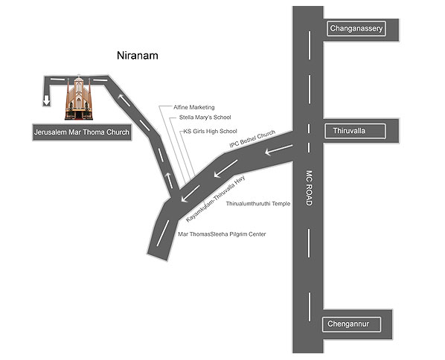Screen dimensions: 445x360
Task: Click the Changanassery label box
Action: pyautogui.click(x=356, y=28)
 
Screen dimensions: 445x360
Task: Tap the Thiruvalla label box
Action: pyautogui.click(x=355, y=131)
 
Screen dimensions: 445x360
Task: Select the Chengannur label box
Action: pyautogui.click(x=351, y=324)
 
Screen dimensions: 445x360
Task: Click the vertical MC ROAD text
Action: pyautogui.click(x=309, y=187)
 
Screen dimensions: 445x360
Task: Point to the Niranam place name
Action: pyautogui.click(x=138, y=55)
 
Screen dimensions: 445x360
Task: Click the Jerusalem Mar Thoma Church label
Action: pyautogui.click(x=82, y=132)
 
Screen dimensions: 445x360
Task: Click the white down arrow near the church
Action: pyautogui.click(x=47, y=100)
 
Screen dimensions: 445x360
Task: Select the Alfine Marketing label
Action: pyautogui.click(x=193, y=107)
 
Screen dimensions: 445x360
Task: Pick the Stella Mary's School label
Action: pyautogui.click(x=205, y=118)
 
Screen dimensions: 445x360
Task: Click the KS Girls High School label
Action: pyautogui.click(x=210, y=132)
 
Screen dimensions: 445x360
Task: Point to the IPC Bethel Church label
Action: pyautogui.click(x=252, y=139)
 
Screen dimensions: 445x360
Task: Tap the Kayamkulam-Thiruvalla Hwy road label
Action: pyautogui.click(x=215, y=199)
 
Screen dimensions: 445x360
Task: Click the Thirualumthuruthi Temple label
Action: pyautogui.click(x=258, y=204)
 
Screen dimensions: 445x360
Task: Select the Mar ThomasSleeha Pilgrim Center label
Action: pyautogui.click(x=222, y=234)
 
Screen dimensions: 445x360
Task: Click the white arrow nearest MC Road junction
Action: pyautogui.click(x=279, y=150)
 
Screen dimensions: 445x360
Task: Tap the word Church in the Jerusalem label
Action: pyautogui.click(x=118, y=132)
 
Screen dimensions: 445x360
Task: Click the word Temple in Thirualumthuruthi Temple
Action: pyautogui.click(x=281, y=204)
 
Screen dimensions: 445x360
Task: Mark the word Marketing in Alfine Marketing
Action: pyautogui.click(x=202, y=107)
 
